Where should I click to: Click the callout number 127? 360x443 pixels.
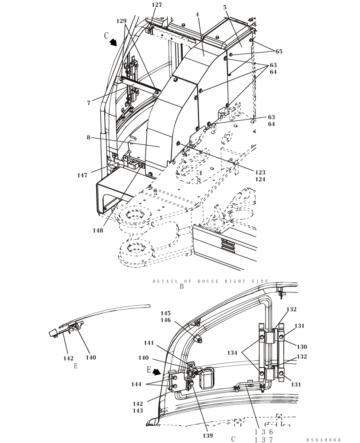coord(157,5)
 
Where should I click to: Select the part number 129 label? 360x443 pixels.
coord(121,21)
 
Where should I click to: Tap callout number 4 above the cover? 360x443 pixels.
coord(197,15)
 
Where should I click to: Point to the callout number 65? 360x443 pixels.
coord(278,52)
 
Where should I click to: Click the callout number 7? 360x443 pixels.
coord(89,103)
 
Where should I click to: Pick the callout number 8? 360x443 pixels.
coord(89,138)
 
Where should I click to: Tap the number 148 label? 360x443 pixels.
coord(98,230)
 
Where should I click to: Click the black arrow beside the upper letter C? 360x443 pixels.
coord(114,42)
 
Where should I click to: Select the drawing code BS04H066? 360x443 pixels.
coord(323,440)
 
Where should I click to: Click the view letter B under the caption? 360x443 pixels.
coord(181,287)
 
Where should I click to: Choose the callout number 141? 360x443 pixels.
coord(149,343)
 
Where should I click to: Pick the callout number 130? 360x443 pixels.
coord(301,347)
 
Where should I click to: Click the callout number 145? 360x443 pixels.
coord(165,313)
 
